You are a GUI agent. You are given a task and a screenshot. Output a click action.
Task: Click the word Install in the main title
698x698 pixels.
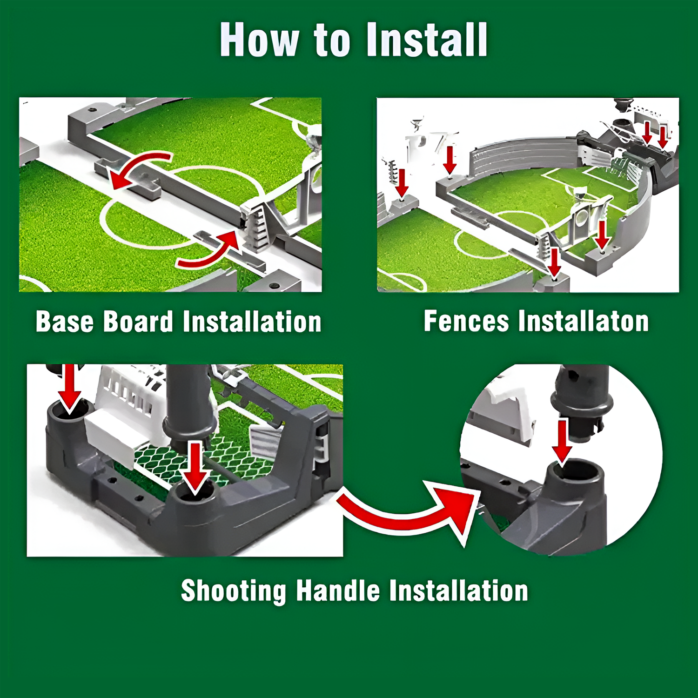point(427,40)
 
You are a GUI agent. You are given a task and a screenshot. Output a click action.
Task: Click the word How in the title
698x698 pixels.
point(259,40)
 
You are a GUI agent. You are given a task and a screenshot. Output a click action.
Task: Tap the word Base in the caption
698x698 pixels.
point(65,322)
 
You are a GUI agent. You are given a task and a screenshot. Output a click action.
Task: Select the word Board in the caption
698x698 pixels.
point(138,322)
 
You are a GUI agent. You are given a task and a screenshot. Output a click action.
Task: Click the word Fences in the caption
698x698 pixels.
point(466,321)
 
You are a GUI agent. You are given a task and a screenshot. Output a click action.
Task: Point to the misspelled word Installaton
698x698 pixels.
point(584,321)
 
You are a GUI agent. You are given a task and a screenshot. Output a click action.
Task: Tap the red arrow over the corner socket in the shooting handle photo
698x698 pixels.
point(70,389)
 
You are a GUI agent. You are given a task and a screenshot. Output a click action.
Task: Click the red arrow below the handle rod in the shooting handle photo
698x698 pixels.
point(195,468)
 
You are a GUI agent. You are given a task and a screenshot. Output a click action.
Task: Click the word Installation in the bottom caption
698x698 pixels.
point(459,591)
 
